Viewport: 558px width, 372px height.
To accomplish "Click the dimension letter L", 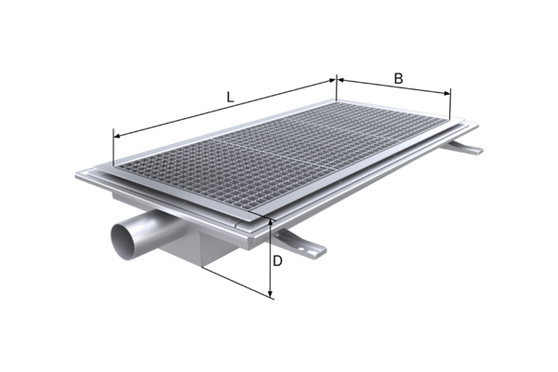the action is tap(231, 97).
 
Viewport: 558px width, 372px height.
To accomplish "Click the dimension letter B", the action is tap(399, 79).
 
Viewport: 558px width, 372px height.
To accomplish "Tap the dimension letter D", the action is tap(277, 261).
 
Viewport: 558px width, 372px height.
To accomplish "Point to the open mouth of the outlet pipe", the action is tap(124, 242).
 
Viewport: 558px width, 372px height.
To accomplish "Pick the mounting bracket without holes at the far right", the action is tap(465, 147).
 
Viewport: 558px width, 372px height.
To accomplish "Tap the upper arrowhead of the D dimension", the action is tap(272, 223).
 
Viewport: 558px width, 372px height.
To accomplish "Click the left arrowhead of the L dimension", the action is tap(118, 136).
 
